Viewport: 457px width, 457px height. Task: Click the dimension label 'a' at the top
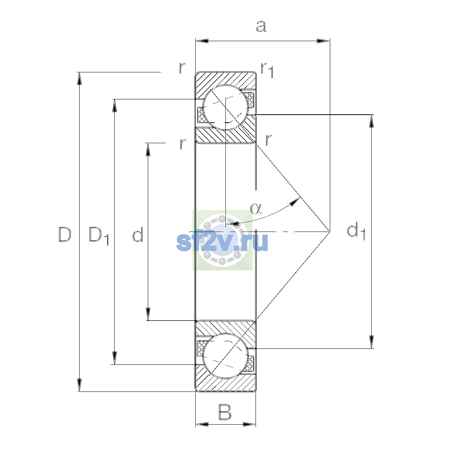pos(261,26)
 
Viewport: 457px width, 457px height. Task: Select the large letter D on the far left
pos(65,234)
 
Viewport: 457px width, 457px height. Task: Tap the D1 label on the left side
pos(99,235)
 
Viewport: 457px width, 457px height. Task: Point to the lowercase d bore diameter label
pos(138,234)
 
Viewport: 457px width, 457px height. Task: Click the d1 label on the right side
pos(356,231)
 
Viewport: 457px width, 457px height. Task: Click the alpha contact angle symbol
pos(256,209)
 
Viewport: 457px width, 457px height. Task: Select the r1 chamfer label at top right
pos(267,70)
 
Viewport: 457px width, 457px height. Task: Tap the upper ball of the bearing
pos(225,107)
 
